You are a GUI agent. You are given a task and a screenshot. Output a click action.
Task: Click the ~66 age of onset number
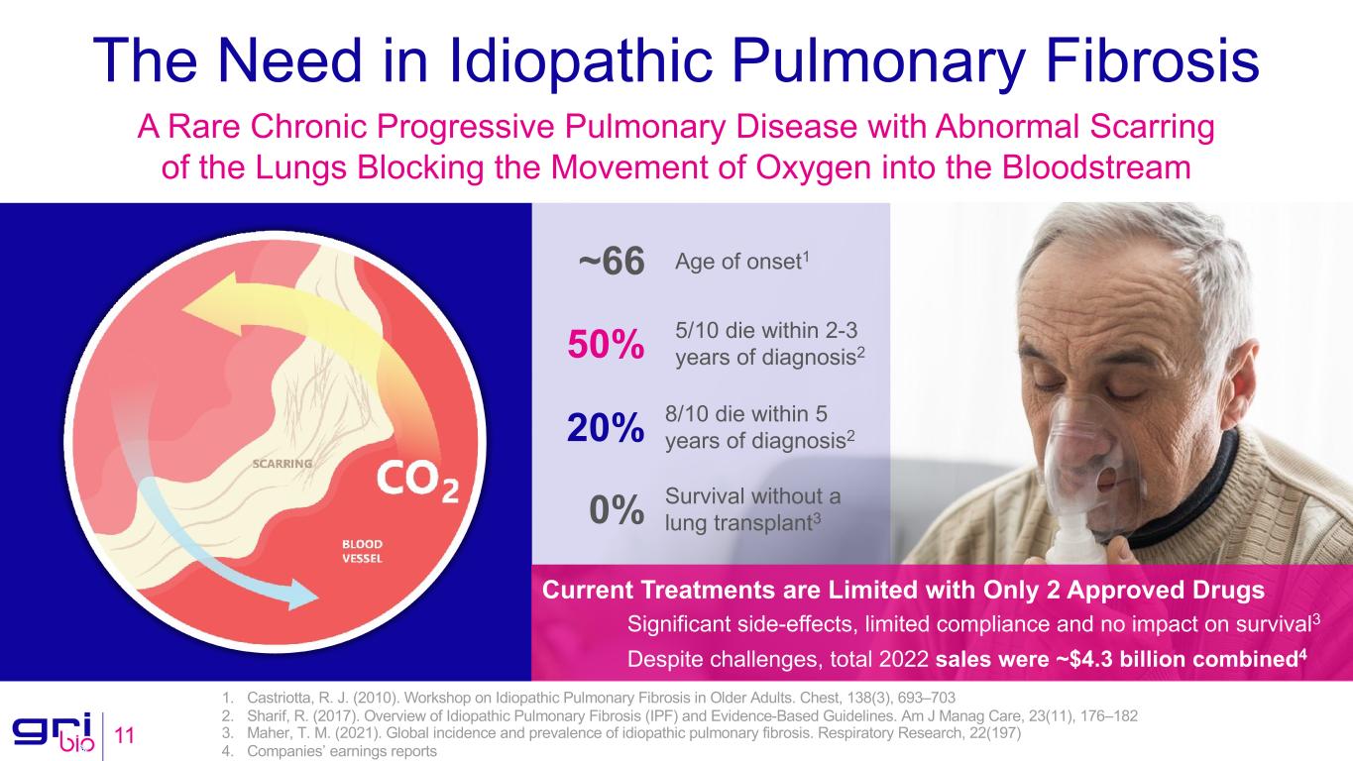point(612,262)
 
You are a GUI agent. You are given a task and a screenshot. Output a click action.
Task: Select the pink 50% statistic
point(606,344)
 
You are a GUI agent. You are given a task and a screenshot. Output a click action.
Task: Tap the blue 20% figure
point(606,428)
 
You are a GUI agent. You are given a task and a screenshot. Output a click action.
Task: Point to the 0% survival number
point(617,510)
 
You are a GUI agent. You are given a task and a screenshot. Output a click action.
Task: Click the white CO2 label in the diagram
point(417,481)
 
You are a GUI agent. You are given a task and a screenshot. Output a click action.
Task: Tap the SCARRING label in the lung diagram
point(282,464)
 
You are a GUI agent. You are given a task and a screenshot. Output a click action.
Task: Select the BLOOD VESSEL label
point(363,551)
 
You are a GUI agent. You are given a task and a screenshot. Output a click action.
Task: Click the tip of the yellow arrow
point(183,310)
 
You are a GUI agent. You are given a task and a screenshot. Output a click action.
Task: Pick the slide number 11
point(125,735)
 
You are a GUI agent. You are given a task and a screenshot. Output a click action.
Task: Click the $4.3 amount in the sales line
point(1091,659)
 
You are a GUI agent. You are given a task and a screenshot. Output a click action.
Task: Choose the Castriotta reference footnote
point(589,699)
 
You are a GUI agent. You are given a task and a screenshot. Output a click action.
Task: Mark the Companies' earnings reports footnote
point(329,751)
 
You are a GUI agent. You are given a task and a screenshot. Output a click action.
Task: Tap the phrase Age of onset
point(738,263)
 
